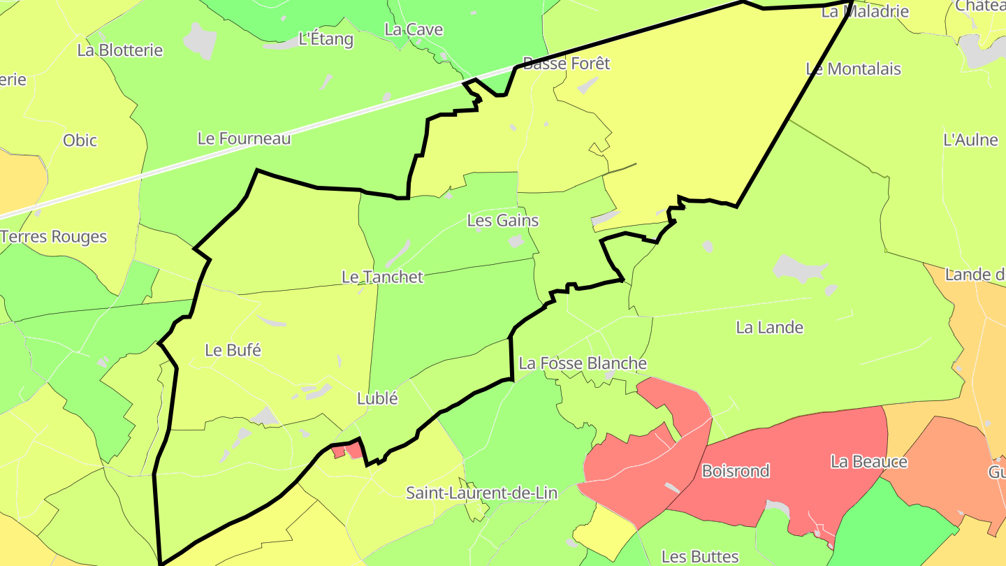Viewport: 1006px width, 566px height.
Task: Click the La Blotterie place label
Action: [x=120, y=50]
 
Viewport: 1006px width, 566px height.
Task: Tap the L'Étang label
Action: [x=326, y=39]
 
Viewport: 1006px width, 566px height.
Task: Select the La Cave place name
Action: [x=414, y=29]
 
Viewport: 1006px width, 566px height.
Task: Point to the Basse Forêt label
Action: [x=566, y=64]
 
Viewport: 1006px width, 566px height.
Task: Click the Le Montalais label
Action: [x=853, y=69]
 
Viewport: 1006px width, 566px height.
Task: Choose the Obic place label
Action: [x=80, y=140]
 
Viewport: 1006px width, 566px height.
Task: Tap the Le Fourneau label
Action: [x=244, y=138]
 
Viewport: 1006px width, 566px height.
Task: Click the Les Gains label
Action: [x=502, y=221]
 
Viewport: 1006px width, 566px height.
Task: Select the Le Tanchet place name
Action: [x=382, y=277]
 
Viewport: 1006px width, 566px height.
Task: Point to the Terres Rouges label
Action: [x=54, y=237]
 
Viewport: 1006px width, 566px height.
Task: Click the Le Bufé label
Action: [x=233, y=350]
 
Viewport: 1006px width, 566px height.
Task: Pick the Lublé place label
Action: [x=377, y=398]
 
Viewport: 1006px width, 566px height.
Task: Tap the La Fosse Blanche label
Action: [x=583, y=363]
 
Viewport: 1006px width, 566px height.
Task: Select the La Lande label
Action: [x=769, y=328]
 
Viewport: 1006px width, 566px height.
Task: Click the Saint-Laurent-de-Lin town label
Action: [x=481, y=493]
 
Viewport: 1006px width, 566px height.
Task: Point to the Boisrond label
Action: [x=735, y=471]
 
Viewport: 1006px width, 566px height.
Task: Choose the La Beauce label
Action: [x=868, y=462]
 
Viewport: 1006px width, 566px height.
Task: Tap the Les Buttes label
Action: [x=699, y=556]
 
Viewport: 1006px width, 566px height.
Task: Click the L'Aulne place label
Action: [x=970, y=140]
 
